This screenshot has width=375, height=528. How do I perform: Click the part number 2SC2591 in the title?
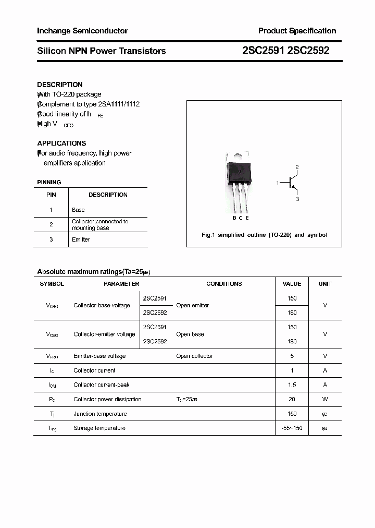(264, 51)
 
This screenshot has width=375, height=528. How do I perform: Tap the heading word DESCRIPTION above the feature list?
(60, 85)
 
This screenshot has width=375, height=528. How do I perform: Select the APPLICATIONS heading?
(61, 143)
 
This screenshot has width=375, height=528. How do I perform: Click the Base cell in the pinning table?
(78, 210)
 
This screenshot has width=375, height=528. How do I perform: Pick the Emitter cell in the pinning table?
(81, 239)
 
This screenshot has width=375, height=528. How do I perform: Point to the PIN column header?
(51, 195)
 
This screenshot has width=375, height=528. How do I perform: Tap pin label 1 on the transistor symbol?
(278, 183)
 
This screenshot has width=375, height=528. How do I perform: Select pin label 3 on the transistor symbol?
(297, 199)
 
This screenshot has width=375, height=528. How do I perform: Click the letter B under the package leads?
(234, 218)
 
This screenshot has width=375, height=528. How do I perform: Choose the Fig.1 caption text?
(264, 235)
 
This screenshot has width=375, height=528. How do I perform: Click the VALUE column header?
(292, 284)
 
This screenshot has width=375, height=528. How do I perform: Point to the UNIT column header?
(325, 284)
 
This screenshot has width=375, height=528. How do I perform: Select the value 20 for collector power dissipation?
(292, 399)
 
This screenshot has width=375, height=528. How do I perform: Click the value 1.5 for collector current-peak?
(292, 385)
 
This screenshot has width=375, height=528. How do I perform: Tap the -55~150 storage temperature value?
(292, 428)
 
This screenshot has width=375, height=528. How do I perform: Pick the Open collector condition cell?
(194, 356)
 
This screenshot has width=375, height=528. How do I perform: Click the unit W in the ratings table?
(325, 399)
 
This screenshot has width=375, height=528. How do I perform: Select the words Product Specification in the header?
(297, 31)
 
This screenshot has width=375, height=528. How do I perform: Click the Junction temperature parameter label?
(100, 414)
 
